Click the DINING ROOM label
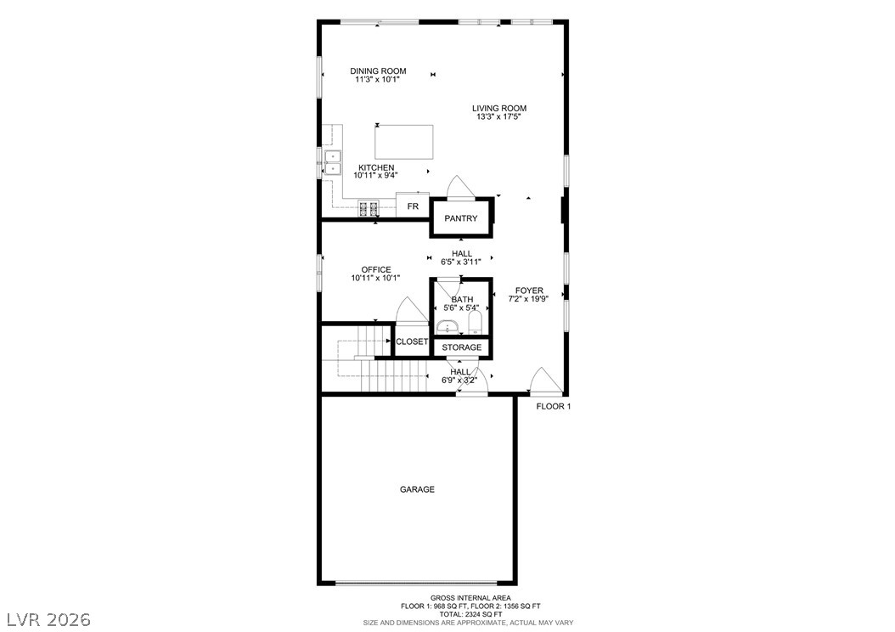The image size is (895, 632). (x=378, y=71)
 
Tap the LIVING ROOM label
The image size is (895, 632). (x=498, y=108)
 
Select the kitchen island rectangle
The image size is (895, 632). (x=403, y=142)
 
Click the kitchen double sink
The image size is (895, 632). (x=332, y=163)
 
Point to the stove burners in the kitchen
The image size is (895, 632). (x=369, y=208)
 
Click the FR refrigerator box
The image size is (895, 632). (x=413, y=206)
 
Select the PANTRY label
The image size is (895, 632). (x=460, y=218)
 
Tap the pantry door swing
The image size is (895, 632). (x=460, y=187)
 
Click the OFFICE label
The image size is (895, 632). (x=376, y=269)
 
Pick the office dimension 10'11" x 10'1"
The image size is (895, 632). (x=375, y=278)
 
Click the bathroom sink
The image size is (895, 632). (x=448, y=328)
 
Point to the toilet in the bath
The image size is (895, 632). (x=476, y=324)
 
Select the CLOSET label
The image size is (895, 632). (x=412, y=341)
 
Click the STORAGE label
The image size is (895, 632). (x=462, y=347)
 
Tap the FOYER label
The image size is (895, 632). (x=529, y=290)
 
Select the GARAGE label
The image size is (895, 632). (x=417, y=489)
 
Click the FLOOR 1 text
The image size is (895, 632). (x=554, y=407)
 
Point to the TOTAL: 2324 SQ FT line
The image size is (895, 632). (x=471, y=614)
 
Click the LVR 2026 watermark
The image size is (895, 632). (x=48, y=619)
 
